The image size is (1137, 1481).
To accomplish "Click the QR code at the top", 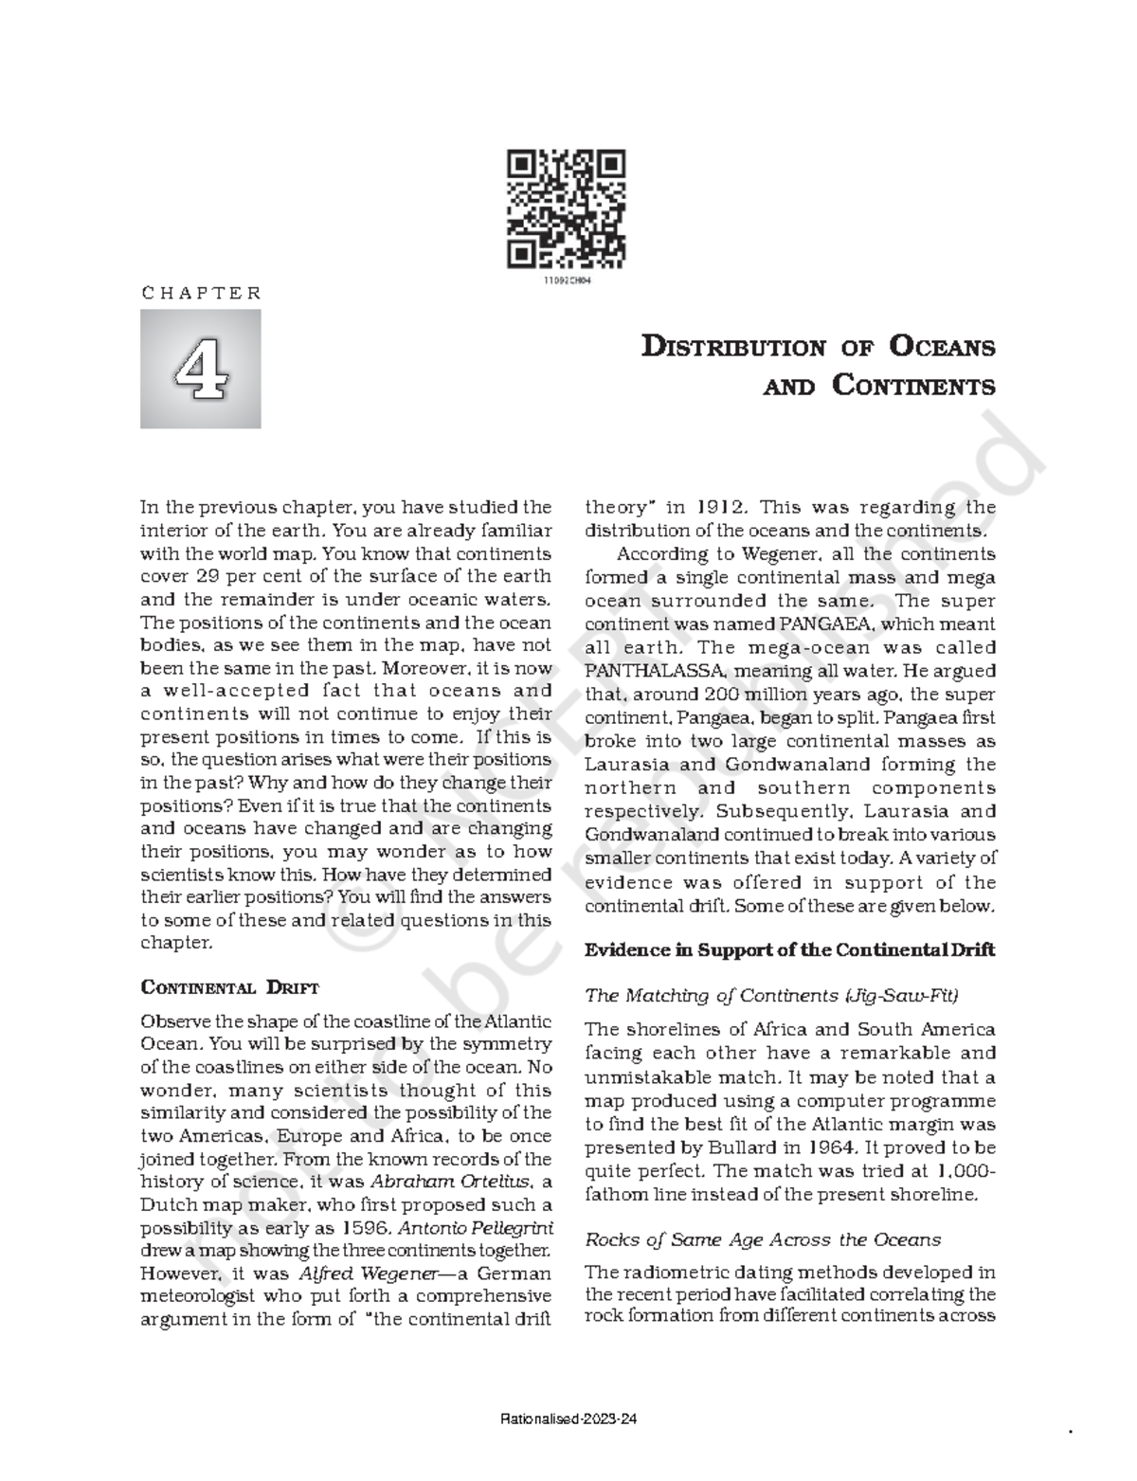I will point(567,208).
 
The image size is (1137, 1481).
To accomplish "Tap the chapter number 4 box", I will point(201,369).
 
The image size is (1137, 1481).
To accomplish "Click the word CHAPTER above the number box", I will point(201,293).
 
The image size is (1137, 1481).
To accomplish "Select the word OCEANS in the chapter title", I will point(940,347).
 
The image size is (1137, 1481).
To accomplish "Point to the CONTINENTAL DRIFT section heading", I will point(229,987).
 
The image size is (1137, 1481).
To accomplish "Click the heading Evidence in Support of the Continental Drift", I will point(789,950).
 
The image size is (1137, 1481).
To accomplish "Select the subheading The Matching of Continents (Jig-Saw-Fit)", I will point(772,996).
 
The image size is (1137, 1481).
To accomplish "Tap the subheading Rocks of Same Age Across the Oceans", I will point(763,1239).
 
